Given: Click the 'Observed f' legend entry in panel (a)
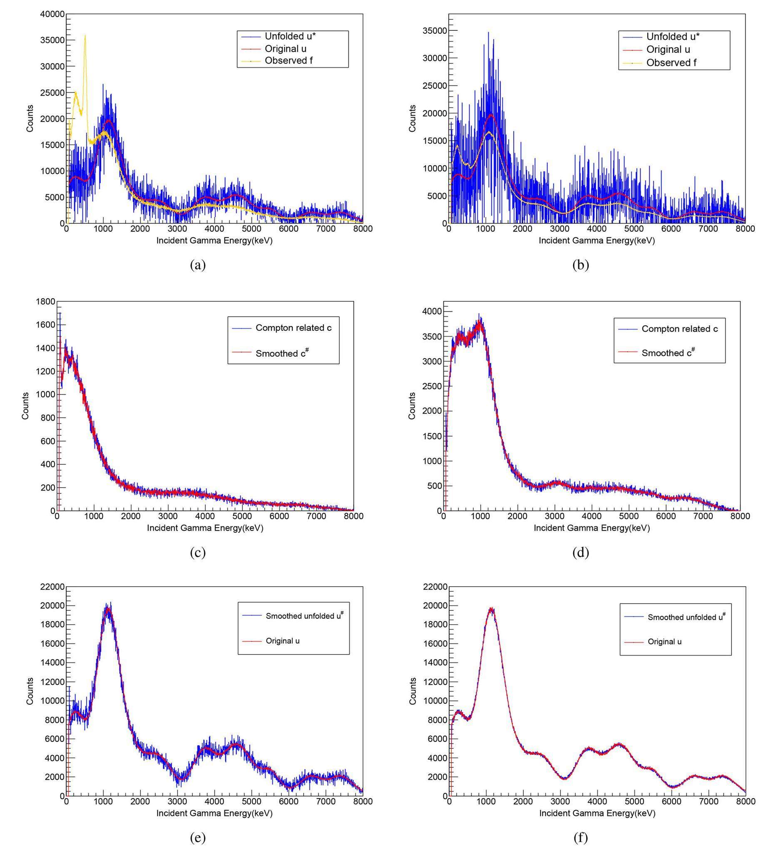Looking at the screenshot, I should pos(289,60).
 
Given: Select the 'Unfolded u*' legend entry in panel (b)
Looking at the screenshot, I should pos(673,36).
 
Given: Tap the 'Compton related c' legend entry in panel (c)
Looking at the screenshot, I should pos(293,328).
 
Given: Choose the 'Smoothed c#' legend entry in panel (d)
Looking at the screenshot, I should pos(668,353).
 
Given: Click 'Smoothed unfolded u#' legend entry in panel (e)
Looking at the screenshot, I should pos(304,616).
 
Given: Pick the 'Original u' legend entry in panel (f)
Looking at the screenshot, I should pos(664,642).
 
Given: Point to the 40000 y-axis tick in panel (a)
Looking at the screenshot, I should pos(52,15).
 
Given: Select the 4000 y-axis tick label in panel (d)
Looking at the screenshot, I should pos(432,311).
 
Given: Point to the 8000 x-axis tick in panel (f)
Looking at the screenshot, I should pos(745,801).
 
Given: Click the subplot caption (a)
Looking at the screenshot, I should pos(198,265).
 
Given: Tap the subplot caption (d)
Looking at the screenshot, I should pos(580,553).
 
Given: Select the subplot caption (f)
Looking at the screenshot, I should pos(580,838).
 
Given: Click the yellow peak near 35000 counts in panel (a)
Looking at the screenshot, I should pos(85,36).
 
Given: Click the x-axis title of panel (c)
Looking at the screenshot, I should pos(205,528).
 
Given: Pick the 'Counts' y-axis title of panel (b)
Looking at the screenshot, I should pos(413,119).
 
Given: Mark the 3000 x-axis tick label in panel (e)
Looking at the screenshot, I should pos(177,801).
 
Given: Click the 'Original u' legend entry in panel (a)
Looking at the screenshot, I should pos(285,49).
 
